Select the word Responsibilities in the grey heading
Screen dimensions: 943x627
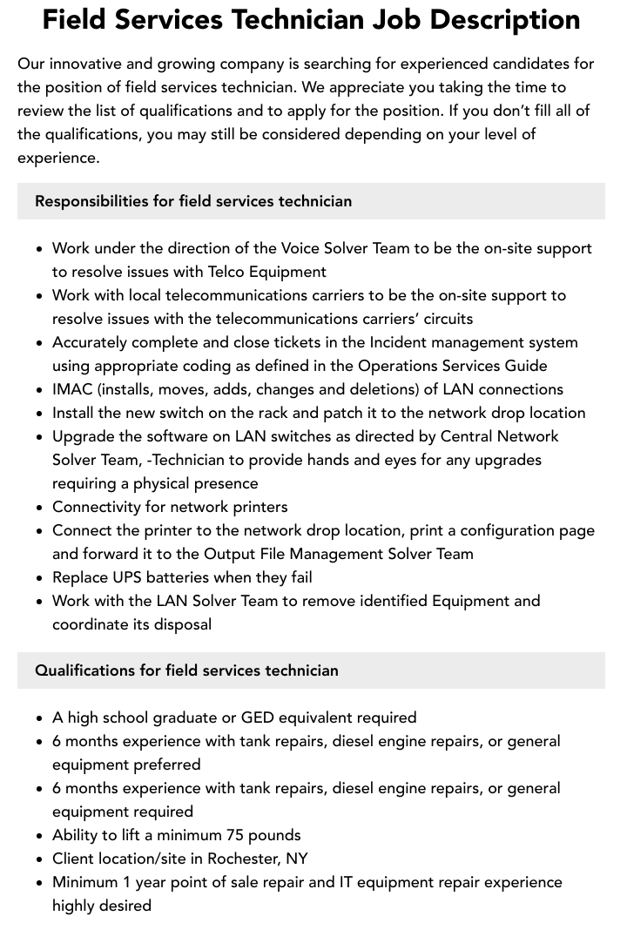tap(91, 201)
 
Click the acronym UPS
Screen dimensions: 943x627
tap(129, 577)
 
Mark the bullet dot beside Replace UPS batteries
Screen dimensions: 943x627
tap(40, 578)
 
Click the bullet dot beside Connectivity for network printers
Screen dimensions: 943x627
tap(40, 508)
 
